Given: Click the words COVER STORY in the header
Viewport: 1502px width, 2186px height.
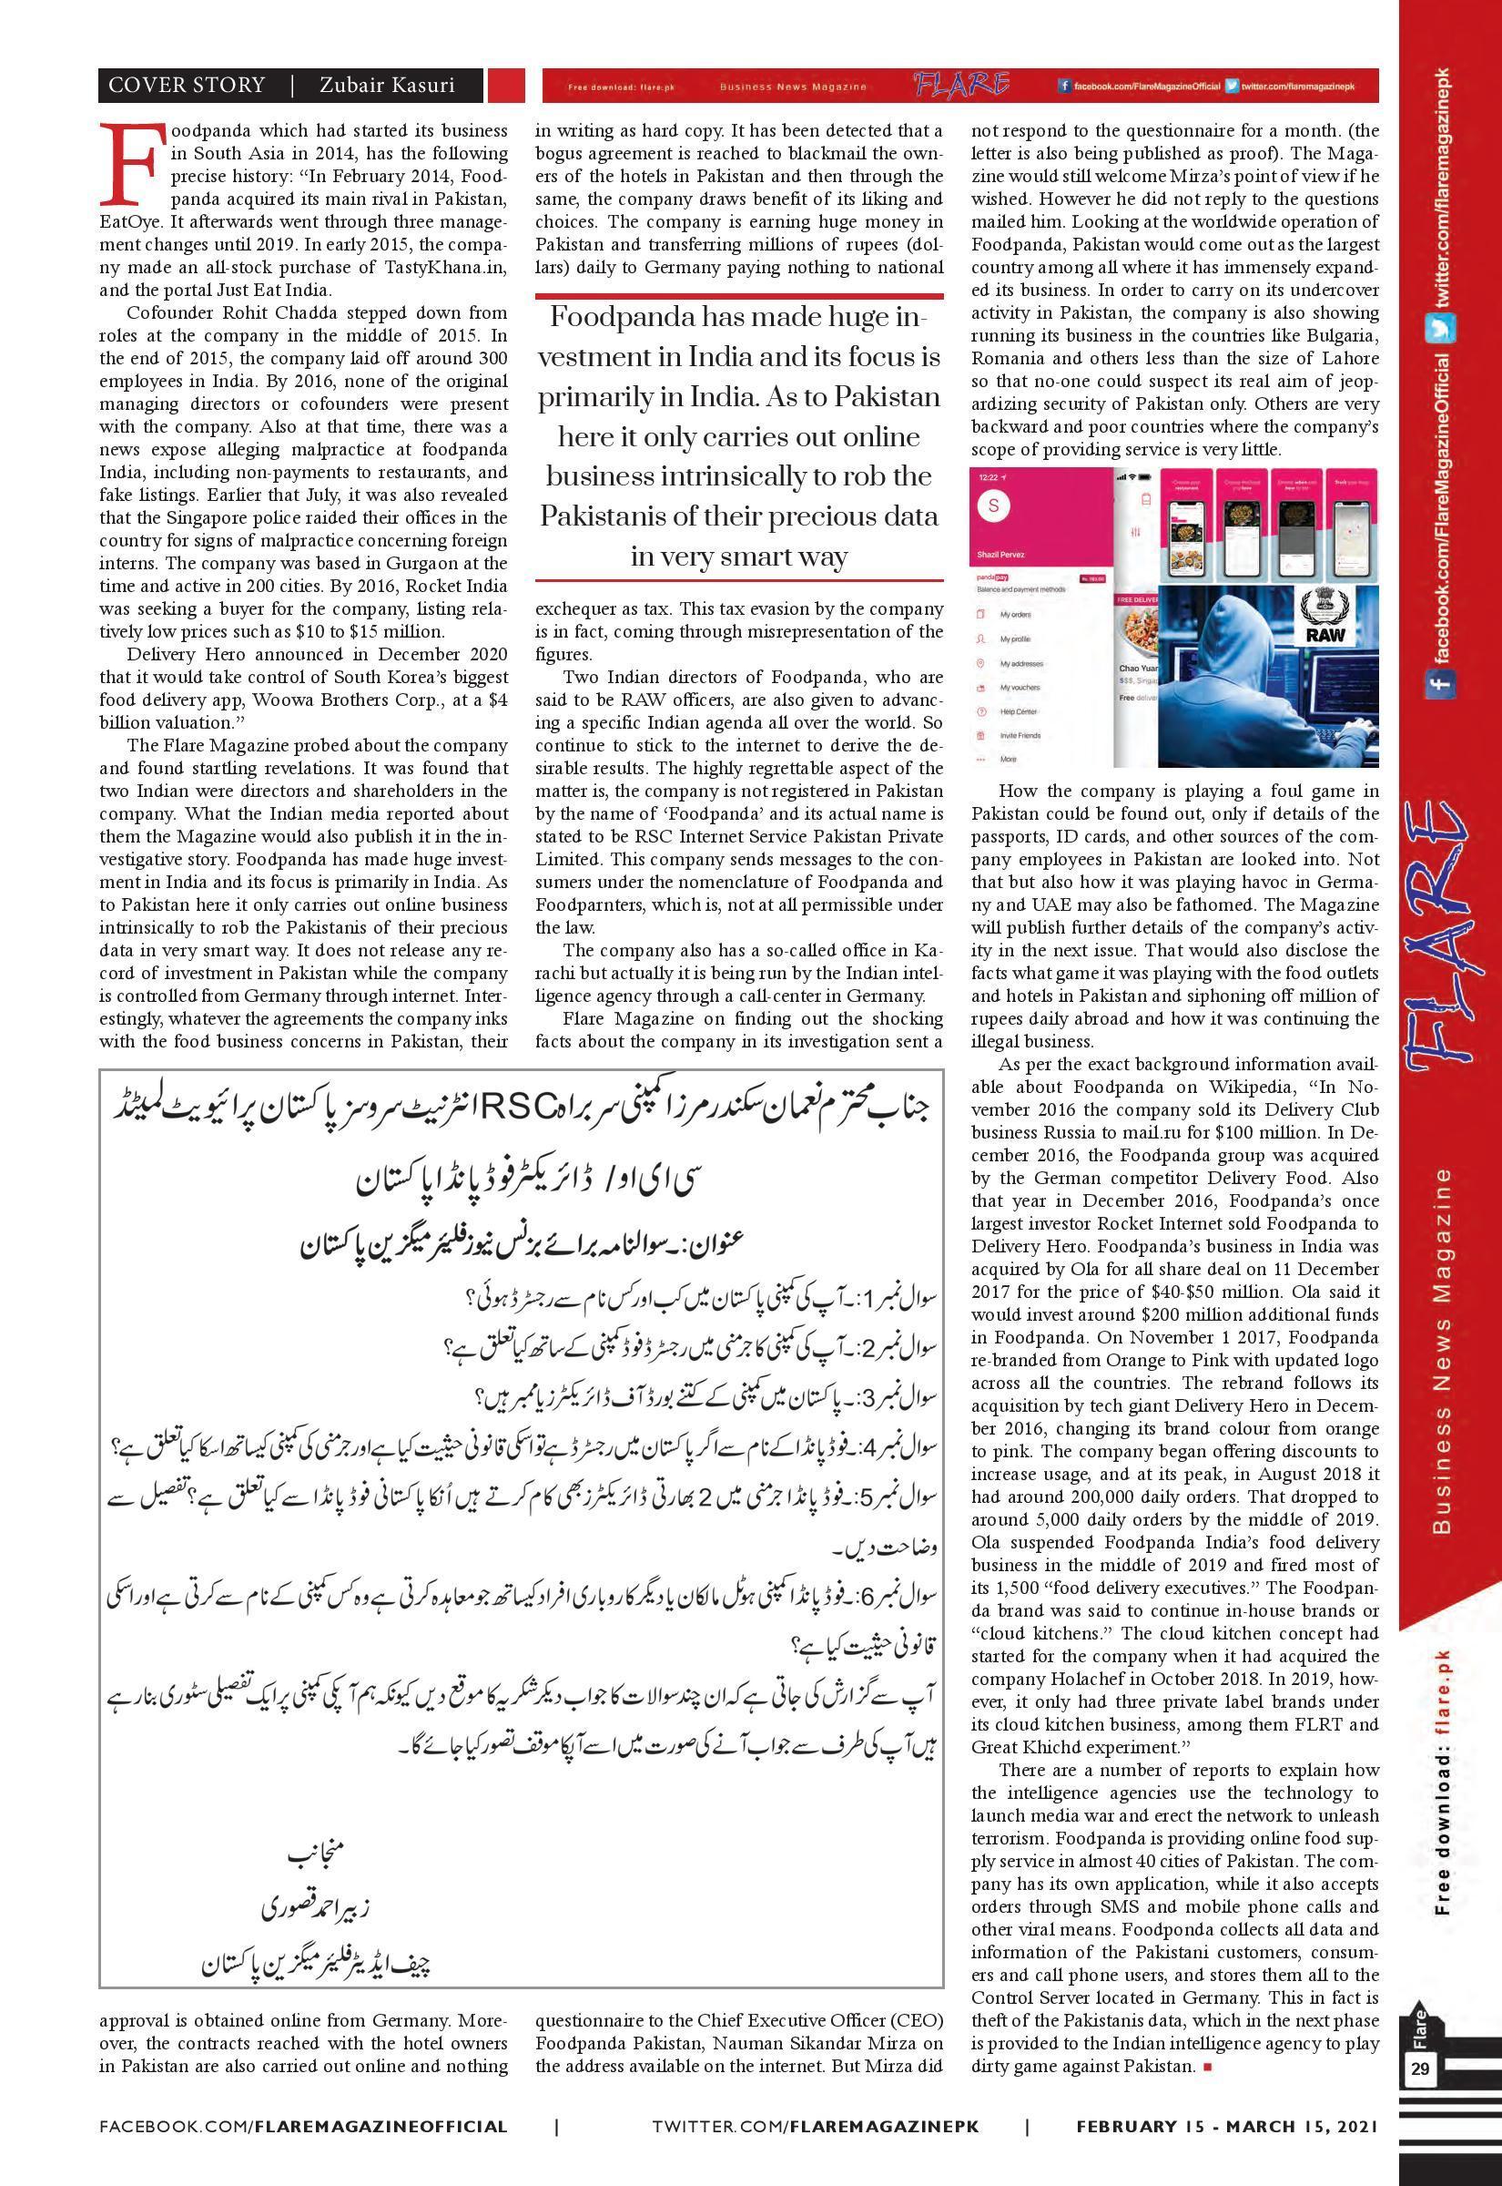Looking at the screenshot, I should (x=187, y=86).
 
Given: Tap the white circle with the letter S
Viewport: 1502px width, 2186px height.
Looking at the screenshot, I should (x=996, y=504).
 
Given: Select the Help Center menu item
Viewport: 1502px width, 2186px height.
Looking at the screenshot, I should (x=1020, y=710).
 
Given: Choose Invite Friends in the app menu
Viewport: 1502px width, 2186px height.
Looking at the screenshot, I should (x=1020, y=734).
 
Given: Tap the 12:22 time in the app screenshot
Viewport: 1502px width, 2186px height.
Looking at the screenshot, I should (x=989, y=477).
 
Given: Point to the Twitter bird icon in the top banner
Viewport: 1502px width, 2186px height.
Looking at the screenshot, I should (x=1231, y=87).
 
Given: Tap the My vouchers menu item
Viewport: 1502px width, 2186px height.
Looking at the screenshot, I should (x=1020, y=688).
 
